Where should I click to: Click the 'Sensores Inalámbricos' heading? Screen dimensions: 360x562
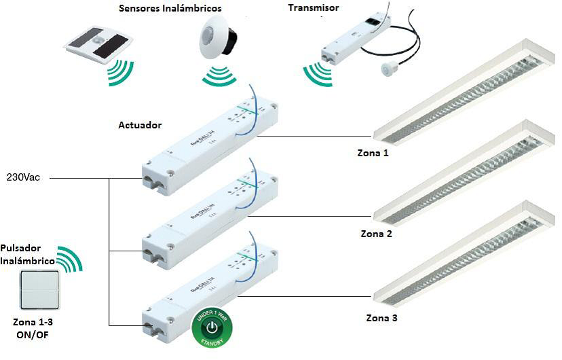coord(170,9)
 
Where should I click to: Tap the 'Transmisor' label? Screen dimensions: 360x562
coord(313,7)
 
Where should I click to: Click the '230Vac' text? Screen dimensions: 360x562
coord(24,178)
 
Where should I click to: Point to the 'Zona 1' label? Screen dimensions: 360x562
coord(373,154)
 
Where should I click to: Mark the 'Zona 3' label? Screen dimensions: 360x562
coord(382,317)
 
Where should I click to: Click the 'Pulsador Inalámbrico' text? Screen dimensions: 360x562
coord(27,254)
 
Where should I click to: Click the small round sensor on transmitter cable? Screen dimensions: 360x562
coord(389,68)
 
